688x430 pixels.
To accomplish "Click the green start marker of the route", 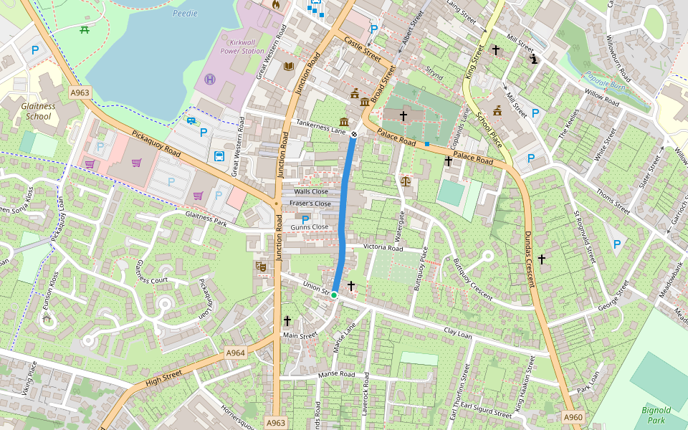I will click(334, 295).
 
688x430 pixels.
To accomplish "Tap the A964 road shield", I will click(236, 353).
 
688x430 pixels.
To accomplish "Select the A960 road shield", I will click(573, 417).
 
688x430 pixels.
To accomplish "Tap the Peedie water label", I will click(184, 13).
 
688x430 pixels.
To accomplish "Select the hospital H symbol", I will click(210, 79).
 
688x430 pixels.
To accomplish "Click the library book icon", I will click(289, 67).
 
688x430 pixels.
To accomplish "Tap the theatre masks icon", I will click(261, 267).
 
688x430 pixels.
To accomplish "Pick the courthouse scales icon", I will click(406, 181).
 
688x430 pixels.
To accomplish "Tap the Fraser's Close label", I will click(310, 204).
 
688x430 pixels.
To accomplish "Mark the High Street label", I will click(164, 378).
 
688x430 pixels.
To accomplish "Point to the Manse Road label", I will click(337, 375).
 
